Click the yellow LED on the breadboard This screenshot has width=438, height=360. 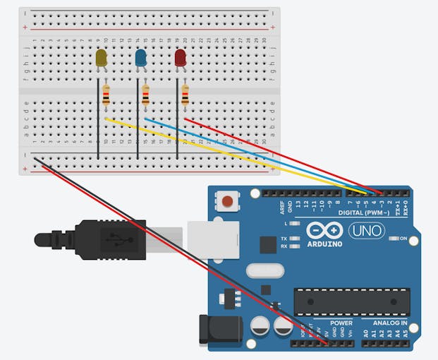pyautogui.click(x=101, y=59)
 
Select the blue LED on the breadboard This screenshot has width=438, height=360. pyautogui.click(x=141, y=59)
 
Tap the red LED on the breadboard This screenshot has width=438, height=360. pyautogui.click(x=181, y=58)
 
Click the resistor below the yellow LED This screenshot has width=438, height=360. pyautogui.click(x=106, y=95)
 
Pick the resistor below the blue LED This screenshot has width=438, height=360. pyautogui.click(x=146, y=95)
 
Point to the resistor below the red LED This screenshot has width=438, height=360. pyautogui.click(x=185, y=95)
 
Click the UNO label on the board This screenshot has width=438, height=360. pyautogui.click(x=364, y=231)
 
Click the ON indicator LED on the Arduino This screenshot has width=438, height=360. pyautogui.click(x=394, y=239)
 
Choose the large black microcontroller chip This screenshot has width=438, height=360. pyautogui.click(x=351, y=301)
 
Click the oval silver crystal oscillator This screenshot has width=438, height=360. pyautogui.click(x=264, y=270)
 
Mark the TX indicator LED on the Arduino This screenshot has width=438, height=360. pyautogui.click(x=293, y=239)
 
